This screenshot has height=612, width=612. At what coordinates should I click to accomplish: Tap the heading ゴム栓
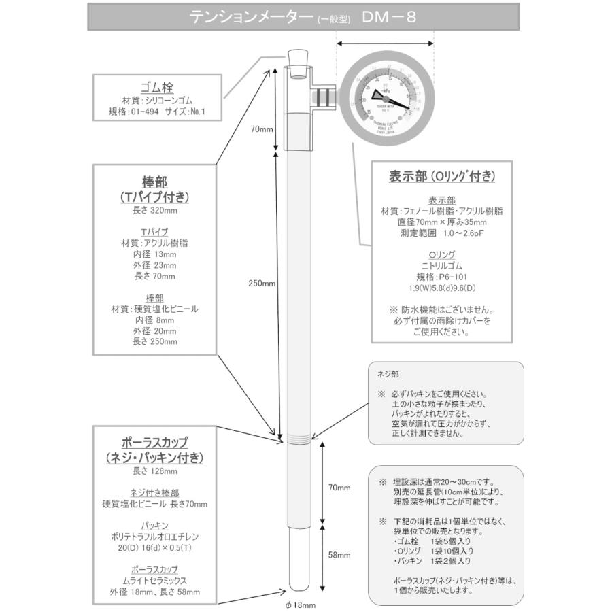pos(157,88)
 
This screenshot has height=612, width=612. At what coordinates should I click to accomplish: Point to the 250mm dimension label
pos(262,283)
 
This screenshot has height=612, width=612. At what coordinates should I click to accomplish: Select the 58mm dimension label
pos(339,555)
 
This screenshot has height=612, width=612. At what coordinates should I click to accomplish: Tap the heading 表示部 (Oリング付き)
pos(441,175)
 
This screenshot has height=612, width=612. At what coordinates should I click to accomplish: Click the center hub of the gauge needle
pos(386,97)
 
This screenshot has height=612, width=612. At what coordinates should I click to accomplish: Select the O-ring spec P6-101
pos(441,277)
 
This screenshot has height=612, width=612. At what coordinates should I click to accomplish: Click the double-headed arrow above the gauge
pos(386,43)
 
